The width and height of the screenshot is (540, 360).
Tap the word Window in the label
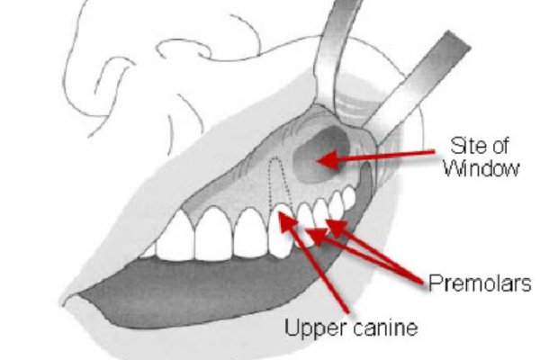(x=481, y=169)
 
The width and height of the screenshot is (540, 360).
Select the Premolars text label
(x=480, y=283)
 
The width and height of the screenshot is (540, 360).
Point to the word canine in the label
(x=385, y=328)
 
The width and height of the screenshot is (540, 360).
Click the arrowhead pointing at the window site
(x=328, y=160)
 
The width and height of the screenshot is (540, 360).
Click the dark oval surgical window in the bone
(x=320, y=155)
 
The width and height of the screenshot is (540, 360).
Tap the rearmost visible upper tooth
(x=349, y=197)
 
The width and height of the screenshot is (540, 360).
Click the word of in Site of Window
(x=500, y=146)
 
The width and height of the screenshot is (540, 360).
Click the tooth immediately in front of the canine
(x=251, y=232)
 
